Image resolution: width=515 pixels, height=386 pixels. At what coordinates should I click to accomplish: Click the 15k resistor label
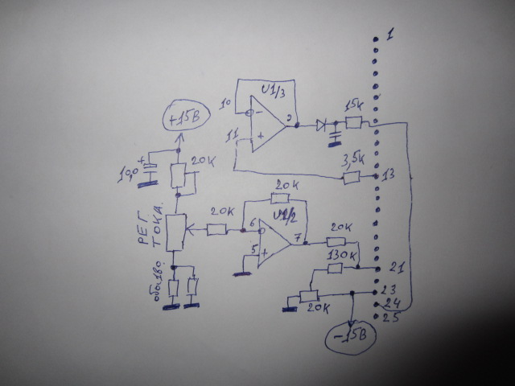coord(352,105)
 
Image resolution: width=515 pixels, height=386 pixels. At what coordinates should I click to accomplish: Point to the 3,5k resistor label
coord(352,158)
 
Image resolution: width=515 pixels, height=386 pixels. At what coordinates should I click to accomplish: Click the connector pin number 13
coord(389,175)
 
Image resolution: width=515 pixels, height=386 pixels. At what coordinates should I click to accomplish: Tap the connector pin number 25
coord(392,318)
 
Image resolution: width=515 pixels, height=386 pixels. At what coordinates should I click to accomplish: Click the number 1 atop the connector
coord(389,35)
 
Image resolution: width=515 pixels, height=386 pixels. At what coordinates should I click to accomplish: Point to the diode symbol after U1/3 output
coord(325,125)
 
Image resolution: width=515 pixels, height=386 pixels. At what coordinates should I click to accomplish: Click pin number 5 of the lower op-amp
coord(254,252)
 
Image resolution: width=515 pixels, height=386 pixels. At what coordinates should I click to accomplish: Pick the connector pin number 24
coord(393,304)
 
